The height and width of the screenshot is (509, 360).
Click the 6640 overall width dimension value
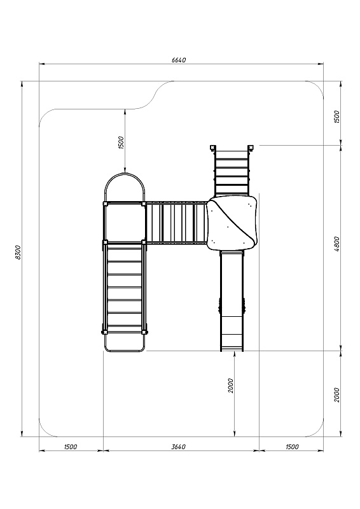click(179, 60)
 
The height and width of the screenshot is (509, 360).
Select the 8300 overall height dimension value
click(18, 252)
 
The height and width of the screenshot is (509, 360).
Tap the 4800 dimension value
click(336, 244)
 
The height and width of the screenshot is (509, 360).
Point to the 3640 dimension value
click(179, 447)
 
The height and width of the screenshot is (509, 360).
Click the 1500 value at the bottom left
click(71, 447)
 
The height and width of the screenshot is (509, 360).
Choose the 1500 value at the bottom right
click(292, 447)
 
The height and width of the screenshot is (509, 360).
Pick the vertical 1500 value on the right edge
click(336, 117)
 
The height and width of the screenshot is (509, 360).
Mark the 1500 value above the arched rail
click(121, 143)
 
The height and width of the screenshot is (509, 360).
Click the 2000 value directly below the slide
click(230, 386)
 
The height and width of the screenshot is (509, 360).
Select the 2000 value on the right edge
click(336, 394)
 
